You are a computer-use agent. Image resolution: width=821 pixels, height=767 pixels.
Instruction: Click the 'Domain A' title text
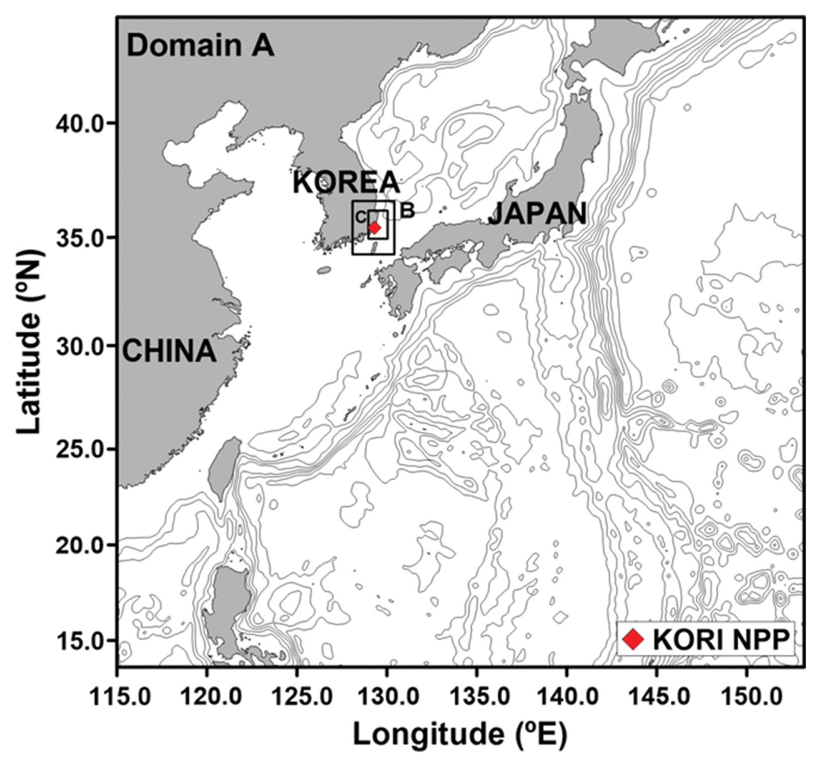click(x=200, y=46)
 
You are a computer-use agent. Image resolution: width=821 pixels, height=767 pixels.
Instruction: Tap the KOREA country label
click(x=346, y=183)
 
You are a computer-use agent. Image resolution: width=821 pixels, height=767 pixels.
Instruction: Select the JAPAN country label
click(x=537, y=214)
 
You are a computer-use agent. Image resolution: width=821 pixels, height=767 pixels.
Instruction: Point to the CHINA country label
click(x=169, y=350)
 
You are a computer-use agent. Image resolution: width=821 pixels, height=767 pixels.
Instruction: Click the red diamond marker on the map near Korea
click(x=374, y=228)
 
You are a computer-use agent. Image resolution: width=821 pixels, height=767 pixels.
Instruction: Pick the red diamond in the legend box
click(x=633, y=639)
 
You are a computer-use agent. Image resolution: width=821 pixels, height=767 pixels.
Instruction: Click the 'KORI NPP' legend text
click(x=721, y=639)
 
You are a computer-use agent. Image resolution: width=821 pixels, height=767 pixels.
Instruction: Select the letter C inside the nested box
click(x=361, y=217)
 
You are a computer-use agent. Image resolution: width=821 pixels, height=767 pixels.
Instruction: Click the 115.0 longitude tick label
click(x=119, y=697)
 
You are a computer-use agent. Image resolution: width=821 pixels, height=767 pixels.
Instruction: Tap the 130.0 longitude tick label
click(x=387, y=697)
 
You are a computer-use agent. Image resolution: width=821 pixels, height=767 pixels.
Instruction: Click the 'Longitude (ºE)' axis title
click(x=460, y=735)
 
